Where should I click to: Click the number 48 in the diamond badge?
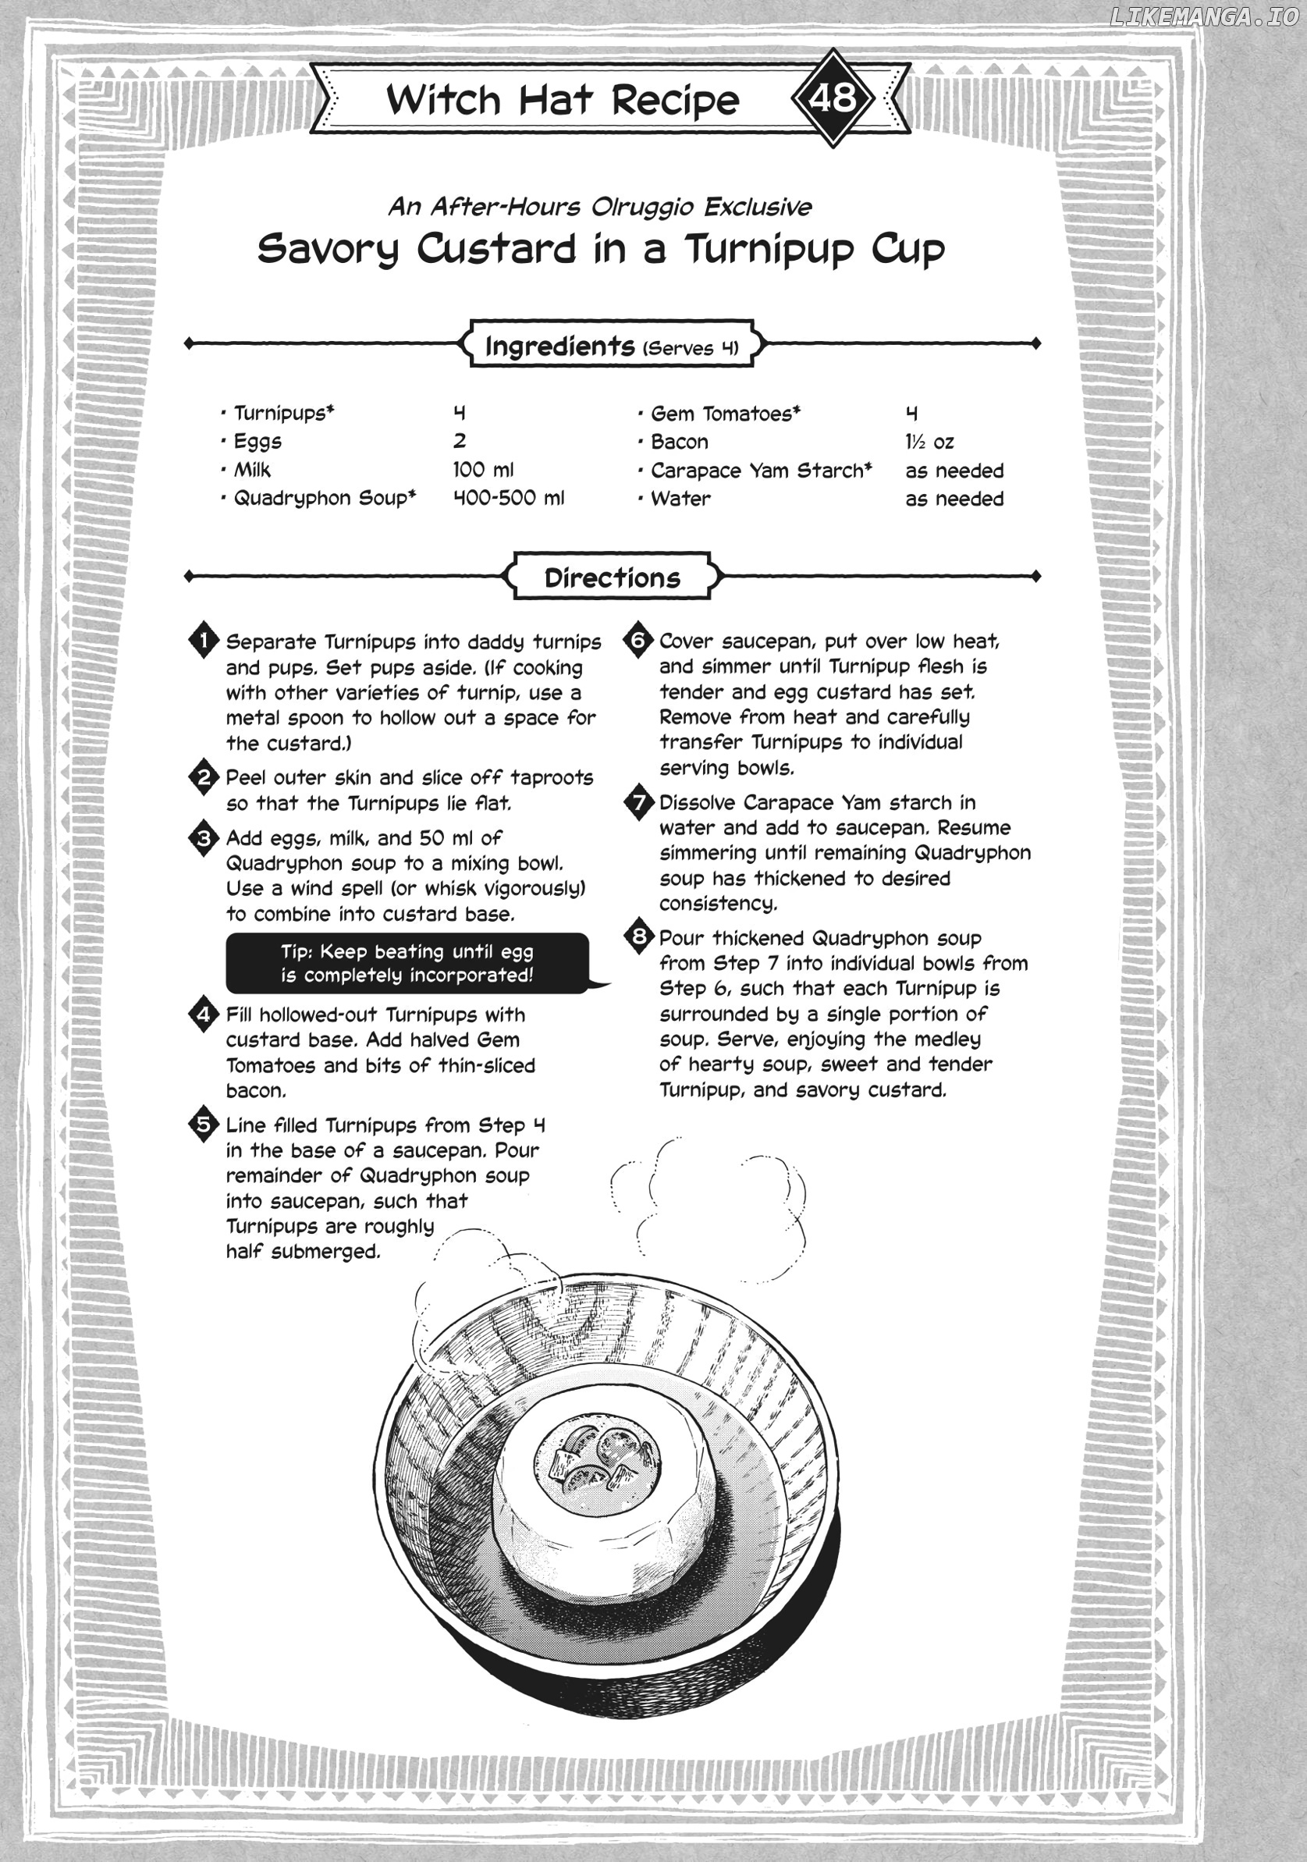833,98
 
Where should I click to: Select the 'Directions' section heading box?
613,577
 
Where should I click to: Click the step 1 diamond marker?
204,641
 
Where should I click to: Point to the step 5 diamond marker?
204,1124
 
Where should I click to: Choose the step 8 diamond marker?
639,936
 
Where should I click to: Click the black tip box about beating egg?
407,963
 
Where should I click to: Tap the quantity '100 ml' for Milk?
483,470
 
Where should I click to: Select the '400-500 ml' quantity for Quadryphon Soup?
509,498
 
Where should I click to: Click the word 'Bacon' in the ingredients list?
680,442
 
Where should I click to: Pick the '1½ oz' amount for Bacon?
929,442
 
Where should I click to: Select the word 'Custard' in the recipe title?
496,249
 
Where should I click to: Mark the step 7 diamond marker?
639,801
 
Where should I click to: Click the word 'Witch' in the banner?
443,100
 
